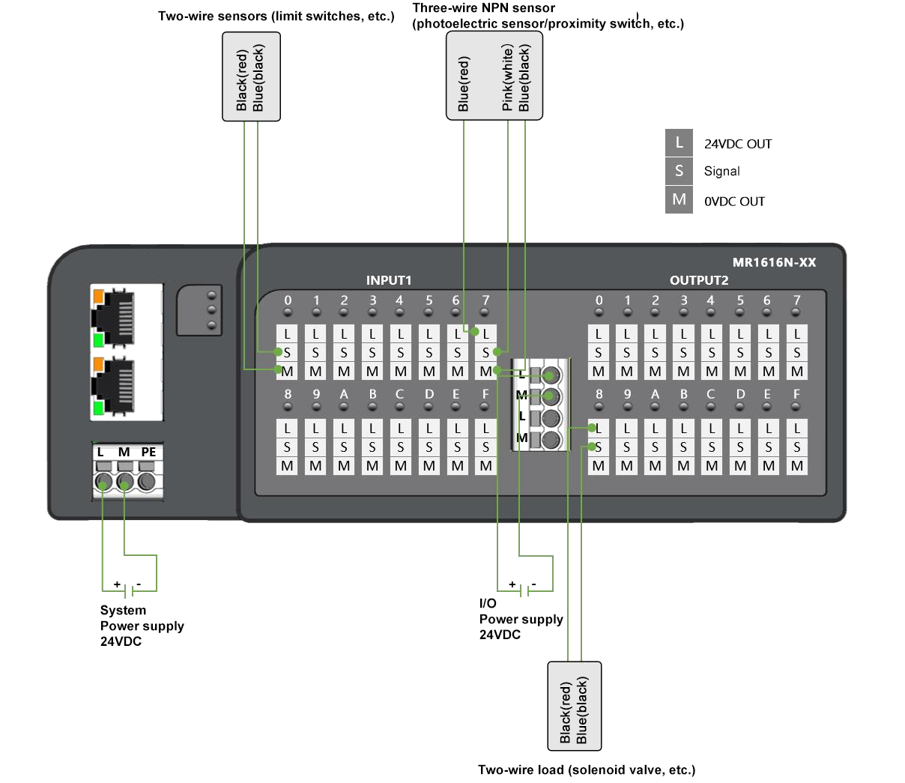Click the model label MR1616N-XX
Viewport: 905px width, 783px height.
pos(774,262)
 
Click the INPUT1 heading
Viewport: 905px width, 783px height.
pos(389,280)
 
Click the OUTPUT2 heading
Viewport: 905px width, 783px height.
pos(699,280)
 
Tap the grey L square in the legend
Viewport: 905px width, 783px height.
pos(679,143)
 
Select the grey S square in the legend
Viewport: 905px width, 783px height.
pos(679,171)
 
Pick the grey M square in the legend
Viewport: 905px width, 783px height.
pos(679,200)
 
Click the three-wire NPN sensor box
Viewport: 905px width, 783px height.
pos(494,76)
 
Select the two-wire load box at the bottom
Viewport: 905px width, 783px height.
pos(575,706)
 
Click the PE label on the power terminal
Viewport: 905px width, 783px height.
pos(149,452)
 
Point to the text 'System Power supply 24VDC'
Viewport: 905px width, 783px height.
pos(142,626)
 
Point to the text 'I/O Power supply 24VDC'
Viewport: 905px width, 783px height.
pos(521,619)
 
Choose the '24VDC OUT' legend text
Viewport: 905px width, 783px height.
pos(737,144)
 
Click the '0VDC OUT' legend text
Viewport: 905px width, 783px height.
pos(734,202)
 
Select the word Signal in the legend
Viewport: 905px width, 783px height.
pos(721,172)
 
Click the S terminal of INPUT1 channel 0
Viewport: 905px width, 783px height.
pos(287,352)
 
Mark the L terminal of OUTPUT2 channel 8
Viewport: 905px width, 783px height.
pos(598,429)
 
